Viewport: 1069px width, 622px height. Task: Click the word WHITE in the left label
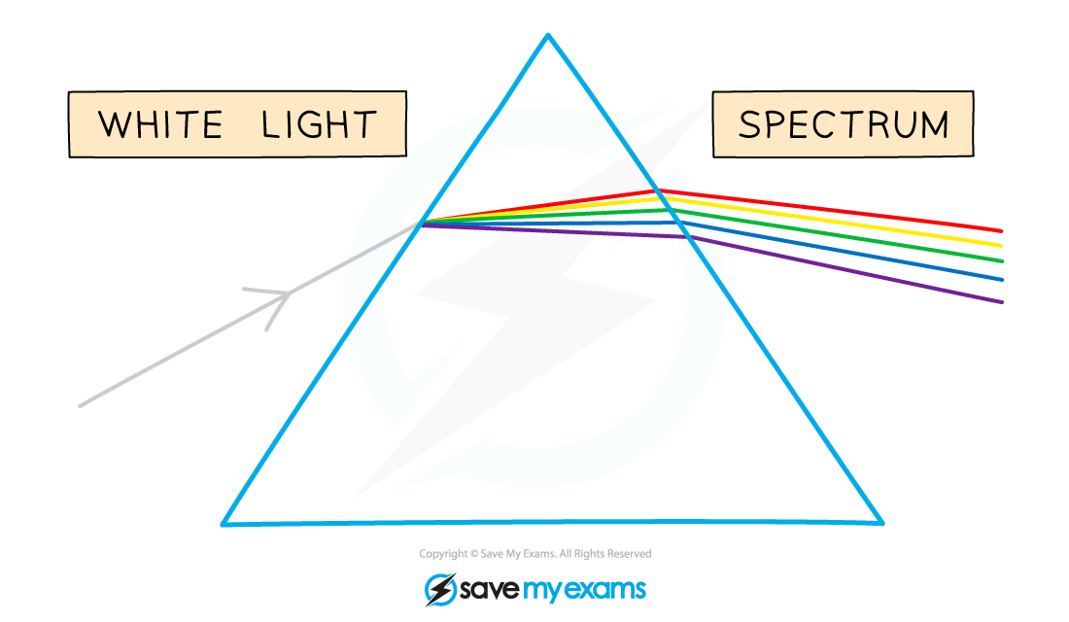(x=161, y=124)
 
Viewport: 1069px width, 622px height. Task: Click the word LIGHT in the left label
(x=319, y=124)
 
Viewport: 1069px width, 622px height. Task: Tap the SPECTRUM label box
(x=843, y=124)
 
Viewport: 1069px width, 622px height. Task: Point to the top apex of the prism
(x=548, y=35)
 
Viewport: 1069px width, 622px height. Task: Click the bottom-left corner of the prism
(x=223, y=524)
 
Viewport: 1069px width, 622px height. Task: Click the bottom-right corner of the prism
(x=882, y=523)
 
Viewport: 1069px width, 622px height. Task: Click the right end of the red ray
(x=1001, y=231)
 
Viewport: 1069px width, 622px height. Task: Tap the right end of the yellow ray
(x=1001, y=246)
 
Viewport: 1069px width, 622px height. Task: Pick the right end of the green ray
(x=1002, y=261)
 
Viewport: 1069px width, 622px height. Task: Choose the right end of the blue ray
(x=1002, y=280)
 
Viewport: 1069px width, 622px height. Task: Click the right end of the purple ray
(x=1002, y=302)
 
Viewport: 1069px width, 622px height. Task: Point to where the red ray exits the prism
(x=656, y=190)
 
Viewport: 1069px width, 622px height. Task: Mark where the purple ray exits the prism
(x=688, y=237)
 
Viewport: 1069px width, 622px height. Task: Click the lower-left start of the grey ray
(x=81, y=406)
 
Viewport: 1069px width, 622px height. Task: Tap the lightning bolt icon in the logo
(x=441, y=589)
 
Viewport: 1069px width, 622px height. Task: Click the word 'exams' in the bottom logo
(x=603, y=589)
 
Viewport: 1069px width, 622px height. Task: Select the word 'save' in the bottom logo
(x=490, y=589)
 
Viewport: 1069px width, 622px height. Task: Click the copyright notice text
(x=535, y=554)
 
